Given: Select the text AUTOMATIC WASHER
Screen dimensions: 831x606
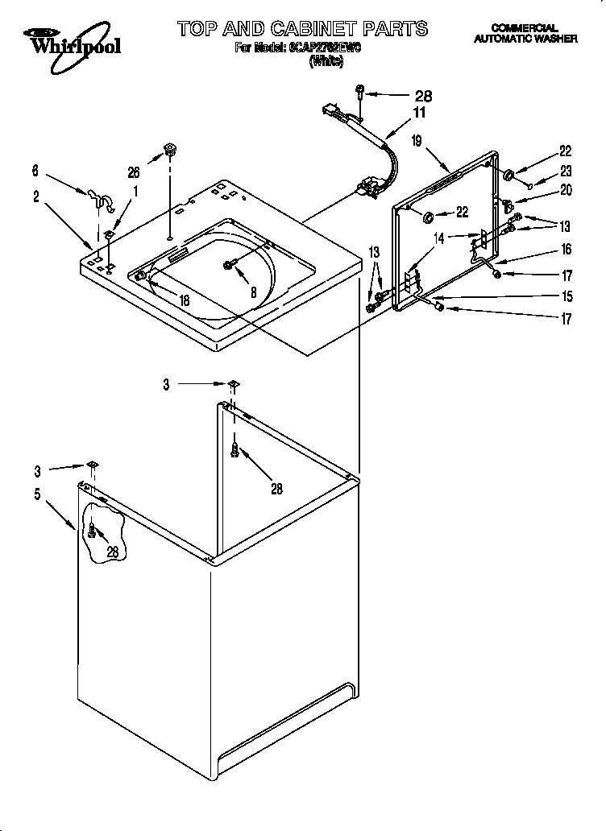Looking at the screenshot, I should (x=525, y=38).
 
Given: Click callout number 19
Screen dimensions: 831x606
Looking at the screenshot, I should (x=417, y=141).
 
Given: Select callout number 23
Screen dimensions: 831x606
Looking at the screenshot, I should (x=565, y=170).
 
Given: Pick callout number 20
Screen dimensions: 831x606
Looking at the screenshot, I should (x=565, y=190).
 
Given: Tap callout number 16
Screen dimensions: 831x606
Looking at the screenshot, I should (x=565, y=250).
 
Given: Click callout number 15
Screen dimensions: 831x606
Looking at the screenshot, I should (x=565, y=296).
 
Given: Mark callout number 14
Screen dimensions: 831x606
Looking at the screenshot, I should (x=438, y=238).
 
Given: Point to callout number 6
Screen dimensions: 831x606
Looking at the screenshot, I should (x=35, y=171).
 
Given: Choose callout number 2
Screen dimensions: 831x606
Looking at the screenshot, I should (x=36, y=196).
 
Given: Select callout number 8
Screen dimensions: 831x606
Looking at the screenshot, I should (x=253, y=293).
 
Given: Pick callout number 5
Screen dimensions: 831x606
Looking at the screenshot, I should (x=36, y=494).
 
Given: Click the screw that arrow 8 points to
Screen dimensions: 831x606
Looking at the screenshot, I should (x=230, y=265).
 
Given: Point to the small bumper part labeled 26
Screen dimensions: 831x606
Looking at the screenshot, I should (x=169, y=148).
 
